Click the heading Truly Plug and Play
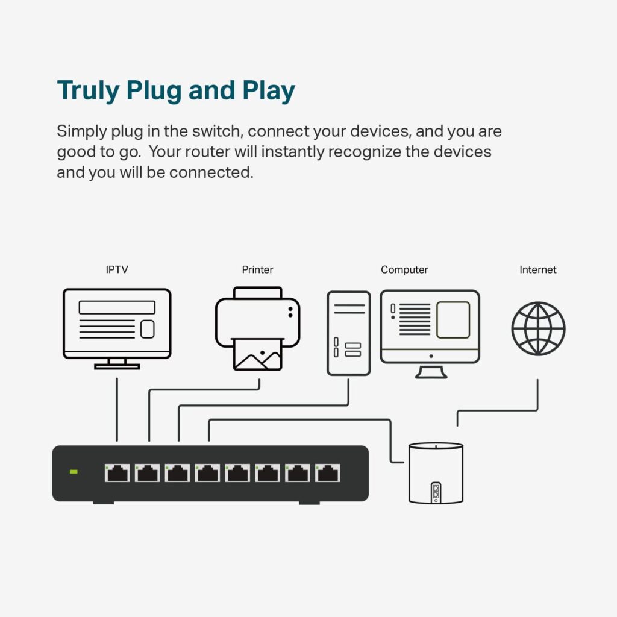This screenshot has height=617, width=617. coord(176,90)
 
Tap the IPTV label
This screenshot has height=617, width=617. coord(117,270)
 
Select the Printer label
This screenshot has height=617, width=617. coord(257,270)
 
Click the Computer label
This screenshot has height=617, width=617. coord(404,270)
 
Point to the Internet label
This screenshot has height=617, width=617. coord(538,270)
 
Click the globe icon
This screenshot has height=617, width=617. coord(538,329)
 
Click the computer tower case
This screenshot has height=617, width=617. coord(349,333)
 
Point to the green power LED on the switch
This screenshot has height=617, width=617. coord(74,471)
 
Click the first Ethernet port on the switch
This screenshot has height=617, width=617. coord(117,473)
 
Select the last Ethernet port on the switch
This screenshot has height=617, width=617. coord(328,473)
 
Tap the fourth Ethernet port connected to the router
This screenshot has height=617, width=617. coord(207,473)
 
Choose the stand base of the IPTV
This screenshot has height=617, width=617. coord(117,366)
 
